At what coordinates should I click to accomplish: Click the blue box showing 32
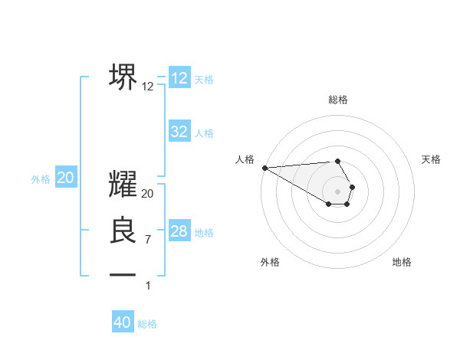pos(179,132)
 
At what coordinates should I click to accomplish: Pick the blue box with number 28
pos(179,231)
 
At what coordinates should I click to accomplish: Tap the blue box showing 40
pos(123,322)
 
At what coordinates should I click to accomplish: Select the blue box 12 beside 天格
pos(179,78)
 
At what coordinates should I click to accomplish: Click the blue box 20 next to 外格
pos(66,178)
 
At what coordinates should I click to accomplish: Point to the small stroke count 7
pos(148,240)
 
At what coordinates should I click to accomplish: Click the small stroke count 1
pos(148,286)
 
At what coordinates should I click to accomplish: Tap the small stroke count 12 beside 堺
pos(148,87)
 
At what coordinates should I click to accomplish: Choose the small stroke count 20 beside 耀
pos(148,194)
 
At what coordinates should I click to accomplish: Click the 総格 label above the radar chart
pos(338,100)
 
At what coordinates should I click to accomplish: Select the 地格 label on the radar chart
pos(402,262)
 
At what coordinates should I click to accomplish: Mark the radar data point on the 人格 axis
pos(264,167)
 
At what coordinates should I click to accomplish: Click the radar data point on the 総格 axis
pos(338,161)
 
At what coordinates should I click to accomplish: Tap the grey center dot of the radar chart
pos(338,191)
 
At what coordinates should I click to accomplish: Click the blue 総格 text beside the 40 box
pos(147,324)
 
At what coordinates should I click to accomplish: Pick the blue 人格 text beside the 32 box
pos(204,133)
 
